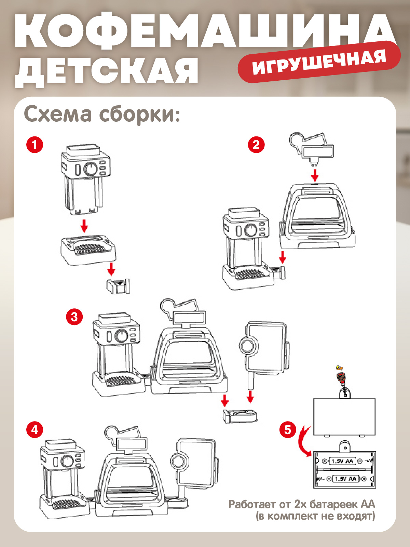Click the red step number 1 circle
(x=35, y=145)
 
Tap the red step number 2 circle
(x=256, y=145)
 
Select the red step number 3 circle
(x=74, y=317)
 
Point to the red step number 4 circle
(x=35, y=430)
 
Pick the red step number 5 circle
(x=288, y=429)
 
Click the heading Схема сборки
(x=102, y=114)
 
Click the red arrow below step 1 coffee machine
(x=84, y=226)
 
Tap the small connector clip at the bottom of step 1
(x=118, y=286)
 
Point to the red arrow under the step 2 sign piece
(x=315, y=176)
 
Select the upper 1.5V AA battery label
(x=343, y=461)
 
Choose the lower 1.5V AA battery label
(x=345, y=479)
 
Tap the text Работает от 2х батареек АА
(x=301, y=504)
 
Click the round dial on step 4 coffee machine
(x=67, y=461)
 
